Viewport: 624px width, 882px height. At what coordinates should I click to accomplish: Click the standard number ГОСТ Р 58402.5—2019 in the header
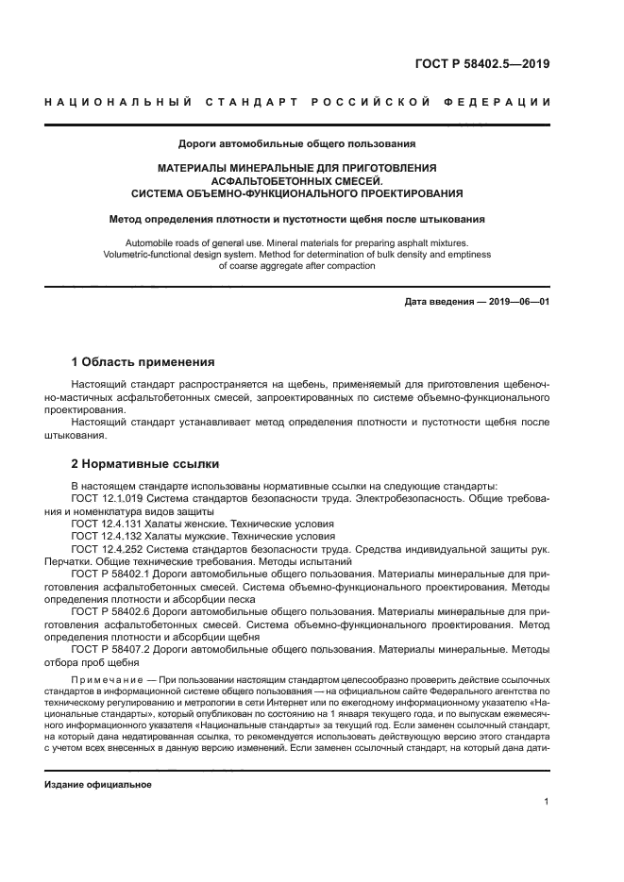coord(481,64)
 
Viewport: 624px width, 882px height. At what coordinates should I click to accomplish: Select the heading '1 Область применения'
coord(143,361)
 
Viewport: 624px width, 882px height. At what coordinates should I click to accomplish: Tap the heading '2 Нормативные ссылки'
coord(145,464)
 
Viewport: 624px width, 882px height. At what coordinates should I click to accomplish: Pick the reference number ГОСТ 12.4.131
coord(108,524)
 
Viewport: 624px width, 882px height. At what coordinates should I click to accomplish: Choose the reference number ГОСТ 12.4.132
coord(108,536)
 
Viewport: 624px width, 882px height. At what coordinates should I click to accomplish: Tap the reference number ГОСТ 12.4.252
coord(108,548)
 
